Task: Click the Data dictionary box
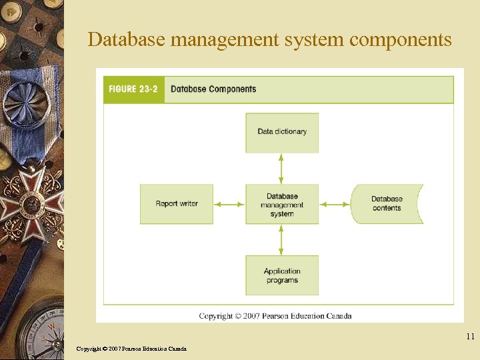pos(282,132)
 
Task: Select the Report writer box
pos(177,204)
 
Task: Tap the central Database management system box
pos(282,205)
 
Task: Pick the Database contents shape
pos(387,204)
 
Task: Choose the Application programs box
pos(282,275)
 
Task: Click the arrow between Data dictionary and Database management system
pos(281,169)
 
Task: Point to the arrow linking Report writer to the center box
pos(230,205)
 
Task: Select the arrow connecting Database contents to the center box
pos(335,205)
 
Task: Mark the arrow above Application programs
pos(281,239)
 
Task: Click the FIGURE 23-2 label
pos(133,89)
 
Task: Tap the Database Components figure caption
pos(213,89)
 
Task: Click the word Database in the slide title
pos(127,40)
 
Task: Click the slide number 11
pos(470,337)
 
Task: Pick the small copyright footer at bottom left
pos(131,349)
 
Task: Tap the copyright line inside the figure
pos(275,315)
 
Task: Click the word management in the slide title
pos(225,40)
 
